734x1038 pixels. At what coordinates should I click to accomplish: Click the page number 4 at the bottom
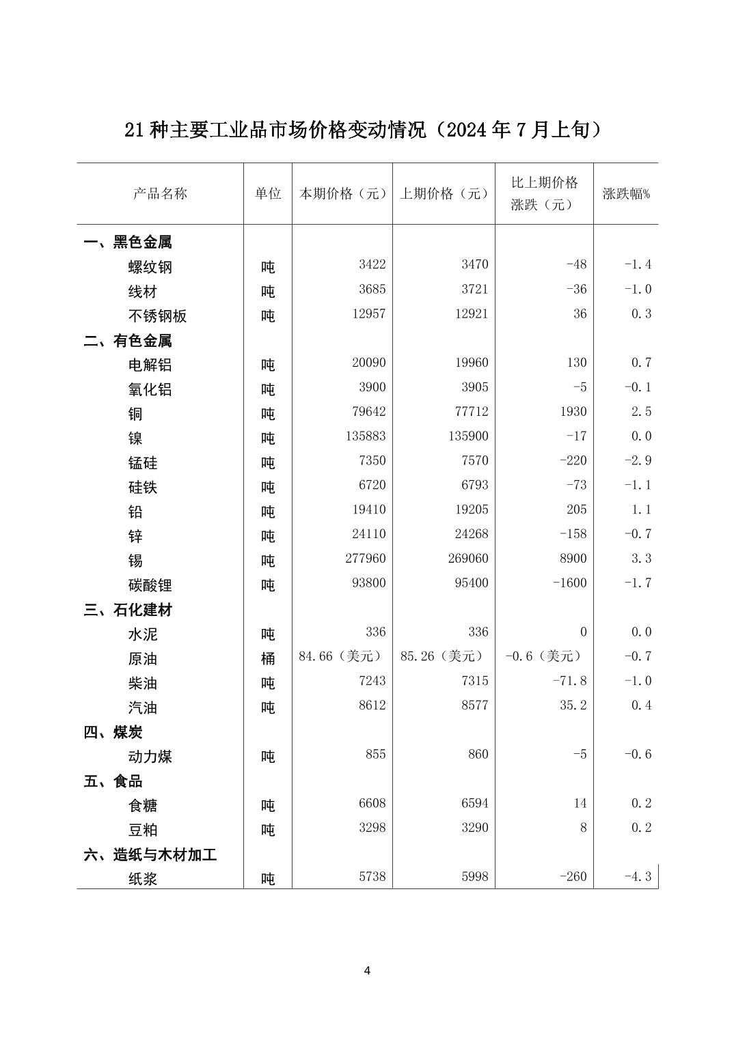(x=367, y=970)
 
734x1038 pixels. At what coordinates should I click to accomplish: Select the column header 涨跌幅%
(x=626, y=193)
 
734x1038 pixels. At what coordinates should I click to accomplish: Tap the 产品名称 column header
(x=160, y=193)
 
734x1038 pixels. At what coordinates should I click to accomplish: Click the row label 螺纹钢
(x=150, y=267)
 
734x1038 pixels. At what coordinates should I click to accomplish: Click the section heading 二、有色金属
(x=128, y=340)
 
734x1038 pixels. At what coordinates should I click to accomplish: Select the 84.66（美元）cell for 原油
(x=340, y=656)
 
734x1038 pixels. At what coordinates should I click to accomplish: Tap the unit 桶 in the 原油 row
(x=268, y=659)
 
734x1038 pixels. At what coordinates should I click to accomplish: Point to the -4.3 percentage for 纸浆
(x=638, y=876)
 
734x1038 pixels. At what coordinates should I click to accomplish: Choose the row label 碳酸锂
(x=150, y=585)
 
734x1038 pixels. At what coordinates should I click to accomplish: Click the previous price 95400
(x=472, y=583)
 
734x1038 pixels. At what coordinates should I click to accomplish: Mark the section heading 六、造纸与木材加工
(x=150, y=854)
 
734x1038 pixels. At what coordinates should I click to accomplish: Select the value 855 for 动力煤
(x=375, y=754)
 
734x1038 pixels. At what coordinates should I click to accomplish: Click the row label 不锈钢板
(x=157, y=316)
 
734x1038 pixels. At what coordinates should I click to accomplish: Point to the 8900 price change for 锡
(x=573, y=559)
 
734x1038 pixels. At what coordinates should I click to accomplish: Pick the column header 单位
(x=268, y=193)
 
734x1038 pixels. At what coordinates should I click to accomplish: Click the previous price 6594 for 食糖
(x=475, y=803)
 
